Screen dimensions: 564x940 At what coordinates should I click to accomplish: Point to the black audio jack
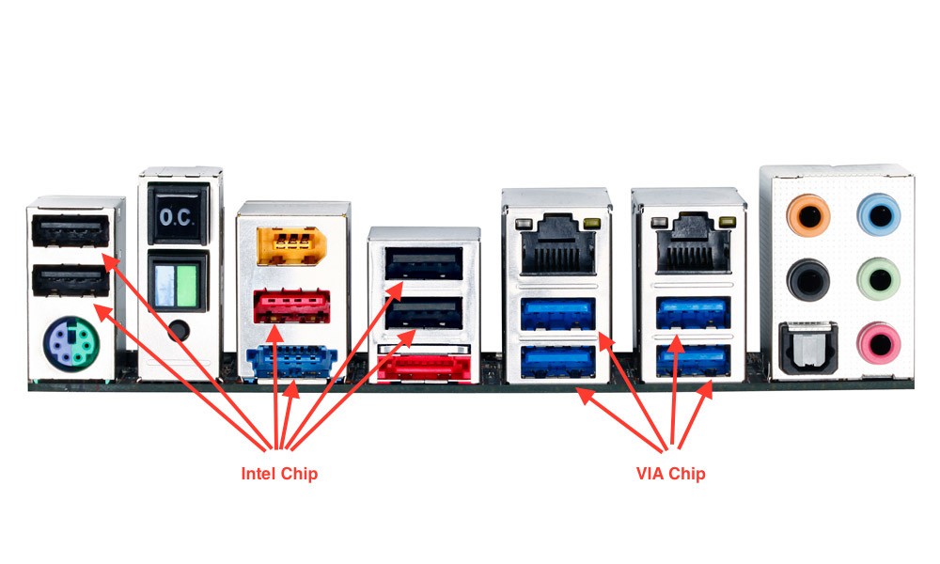pos(807,279)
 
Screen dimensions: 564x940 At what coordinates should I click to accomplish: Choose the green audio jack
pos(880,279)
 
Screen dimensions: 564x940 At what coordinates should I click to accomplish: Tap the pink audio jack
pos(880,341)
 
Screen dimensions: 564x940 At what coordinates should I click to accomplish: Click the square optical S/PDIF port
pos(807,345)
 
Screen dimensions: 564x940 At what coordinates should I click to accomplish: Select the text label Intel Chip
pos(279,473)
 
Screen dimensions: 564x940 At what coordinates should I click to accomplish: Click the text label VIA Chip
pos(670,473)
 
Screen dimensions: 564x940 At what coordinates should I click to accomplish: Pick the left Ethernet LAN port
pos(557,246)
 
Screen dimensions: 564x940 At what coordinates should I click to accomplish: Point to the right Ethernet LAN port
pos(689,246)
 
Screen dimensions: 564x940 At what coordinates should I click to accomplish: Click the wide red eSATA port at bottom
pos(423,366)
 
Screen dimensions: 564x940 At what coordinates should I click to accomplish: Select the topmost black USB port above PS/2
pos(69,231)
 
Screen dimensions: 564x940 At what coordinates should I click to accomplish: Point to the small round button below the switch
pos(179,332)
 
